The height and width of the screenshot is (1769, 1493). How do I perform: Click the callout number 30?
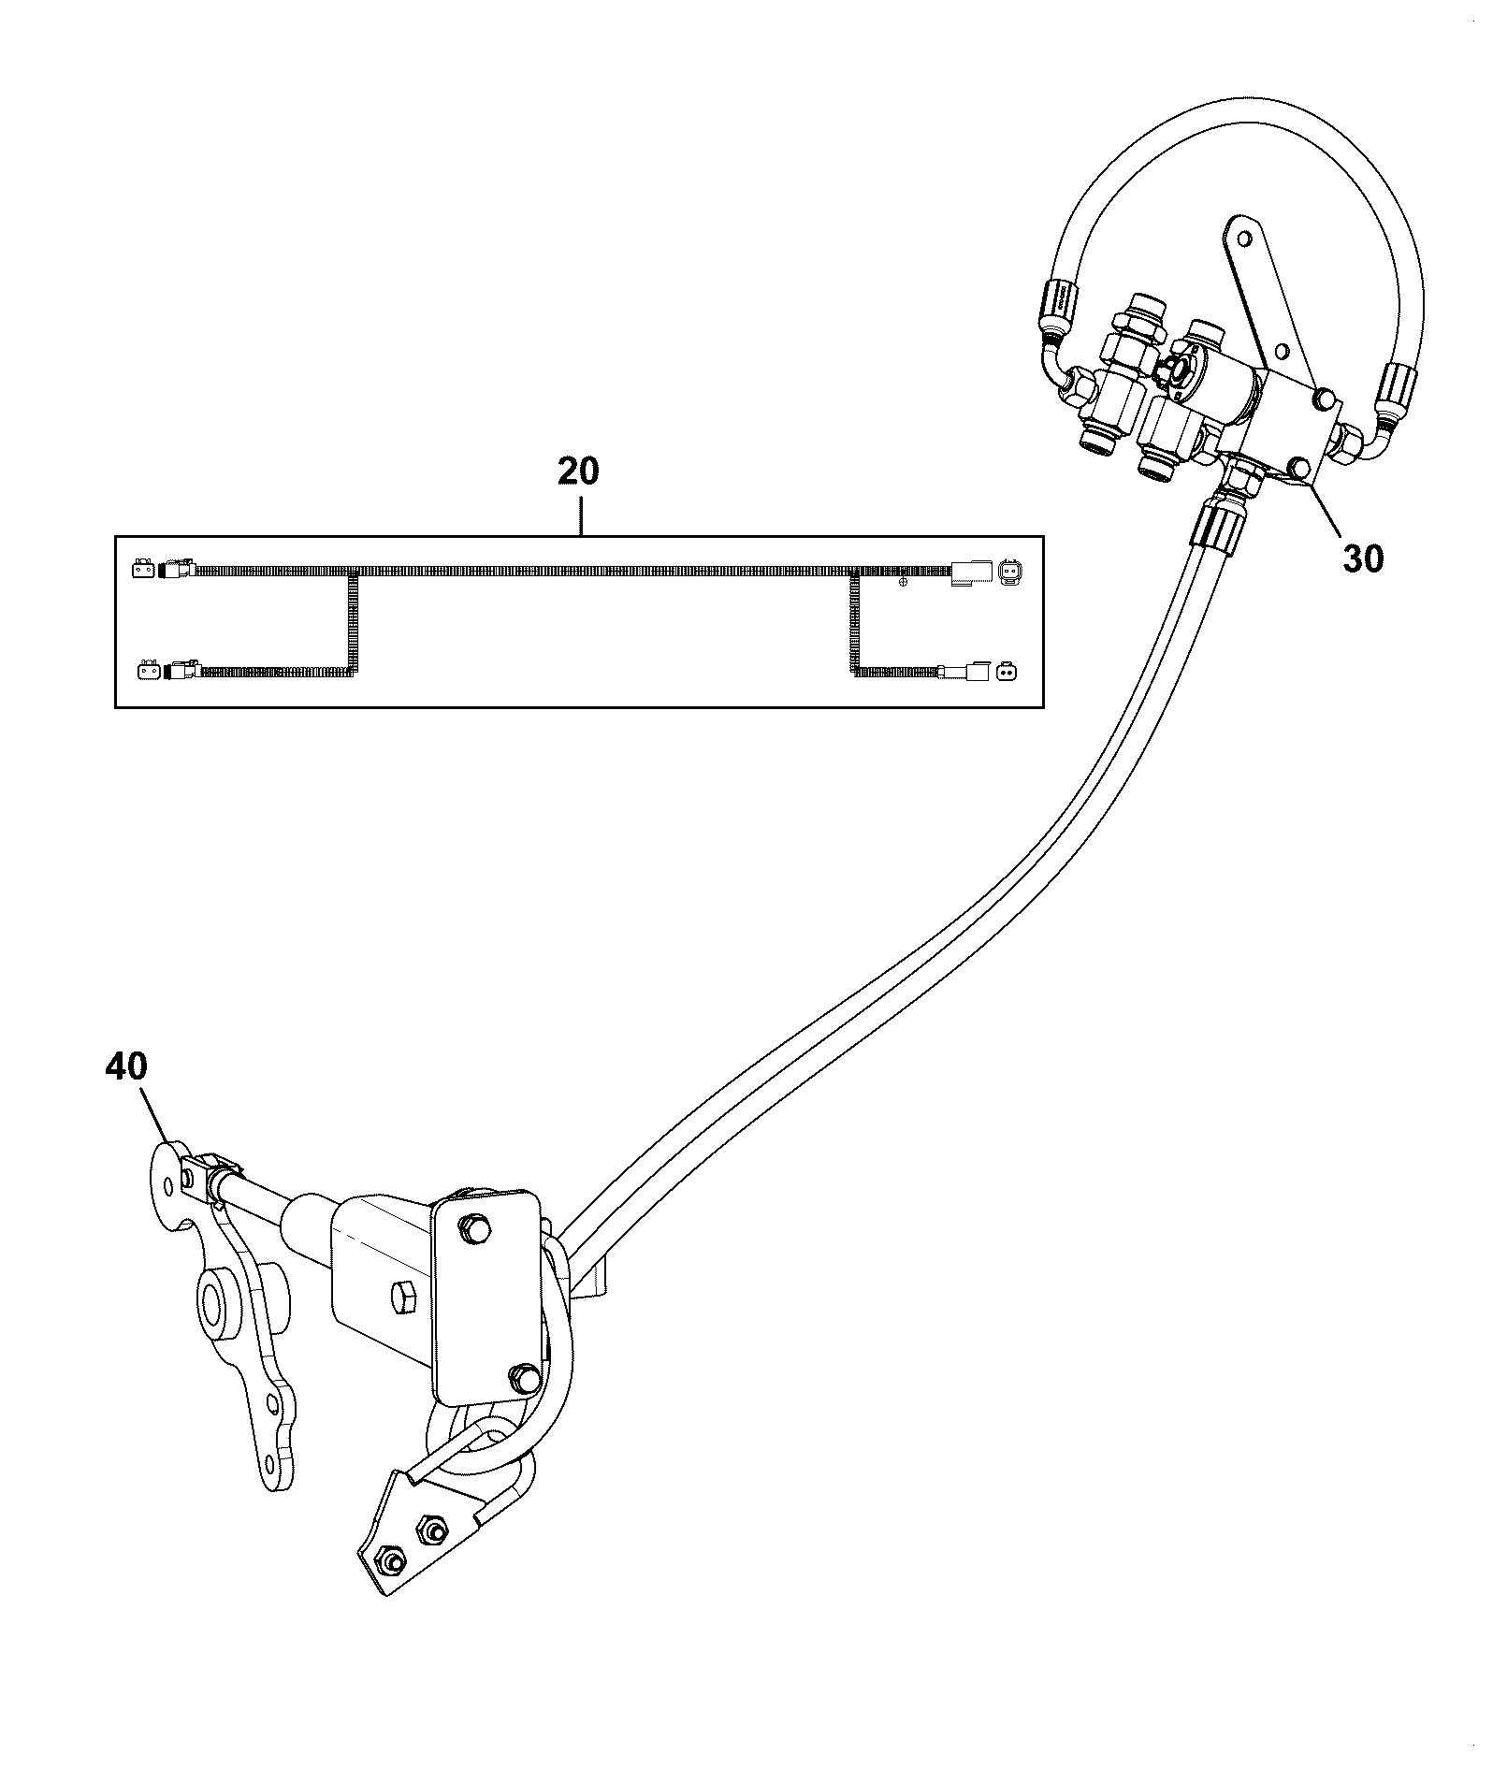[x=1362, y=558]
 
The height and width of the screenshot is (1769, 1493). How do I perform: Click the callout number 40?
[x=126, y=1067]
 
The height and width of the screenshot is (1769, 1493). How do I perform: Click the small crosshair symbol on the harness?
[x=903, y=583]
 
